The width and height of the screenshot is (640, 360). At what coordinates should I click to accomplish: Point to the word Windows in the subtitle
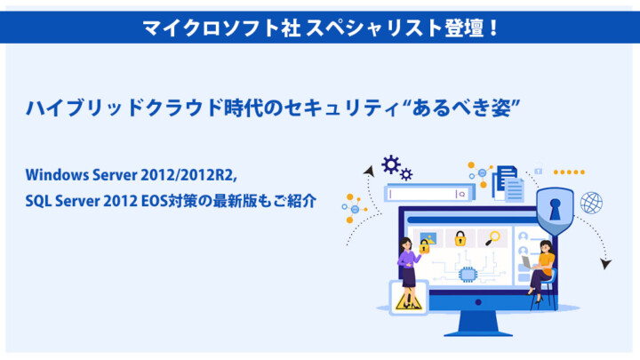(57, 175)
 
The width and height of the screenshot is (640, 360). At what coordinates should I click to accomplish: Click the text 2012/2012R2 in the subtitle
(188, 175)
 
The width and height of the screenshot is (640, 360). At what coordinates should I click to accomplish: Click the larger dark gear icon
(390, 164)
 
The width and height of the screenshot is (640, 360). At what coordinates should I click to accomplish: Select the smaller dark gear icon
(406, 174)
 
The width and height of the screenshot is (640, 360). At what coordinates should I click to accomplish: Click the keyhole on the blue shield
(555, 209)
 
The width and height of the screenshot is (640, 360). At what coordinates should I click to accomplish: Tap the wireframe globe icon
(591, 203)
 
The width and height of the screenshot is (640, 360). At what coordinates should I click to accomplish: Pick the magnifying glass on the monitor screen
(492, 238)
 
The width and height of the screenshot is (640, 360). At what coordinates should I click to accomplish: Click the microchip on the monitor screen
(468, 275)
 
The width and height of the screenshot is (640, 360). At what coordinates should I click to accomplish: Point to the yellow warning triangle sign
(408, 300)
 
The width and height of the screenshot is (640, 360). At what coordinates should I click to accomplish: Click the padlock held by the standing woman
(425, 246)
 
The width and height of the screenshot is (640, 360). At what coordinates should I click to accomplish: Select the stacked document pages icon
(508, 184)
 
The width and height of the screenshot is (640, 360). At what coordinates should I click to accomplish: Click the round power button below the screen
(478, 302)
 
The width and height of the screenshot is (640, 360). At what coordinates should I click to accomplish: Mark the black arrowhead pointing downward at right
(605, 264)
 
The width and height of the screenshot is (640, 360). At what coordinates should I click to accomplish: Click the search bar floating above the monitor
(429, 194)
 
